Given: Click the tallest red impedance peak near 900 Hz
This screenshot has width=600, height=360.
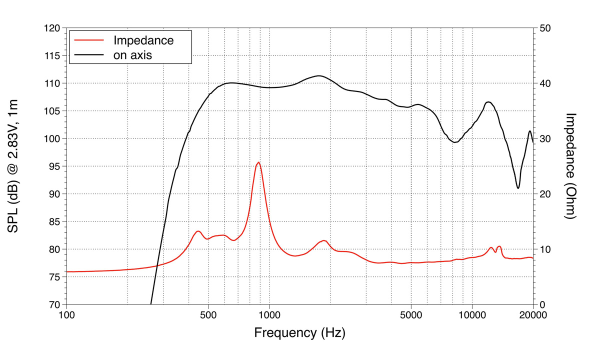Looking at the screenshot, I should (258, 162).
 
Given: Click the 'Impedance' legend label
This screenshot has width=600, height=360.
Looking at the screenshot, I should (143, 40).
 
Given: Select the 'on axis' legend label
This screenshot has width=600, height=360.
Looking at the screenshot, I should (132, 55).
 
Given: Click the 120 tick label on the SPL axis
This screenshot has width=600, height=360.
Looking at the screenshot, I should (52, 28).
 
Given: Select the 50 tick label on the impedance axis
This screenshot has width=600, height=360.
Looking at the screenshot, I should (545, 28).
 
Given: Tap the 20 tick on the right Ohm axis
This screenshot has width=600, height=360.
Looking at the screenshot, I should (545, 194).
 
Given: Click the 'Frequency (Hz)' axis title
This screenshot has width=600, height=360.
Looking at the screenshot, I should (299, 332).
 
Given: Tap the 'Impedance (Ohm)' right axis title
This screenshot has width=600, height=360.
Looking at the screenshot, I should (571, 166).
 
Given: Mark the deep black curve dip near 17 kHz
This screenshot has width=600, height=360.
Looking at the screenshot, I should (518, 188).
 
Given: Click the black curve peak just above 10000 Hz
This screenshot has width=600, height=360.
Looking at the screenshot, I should (488, 102).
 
